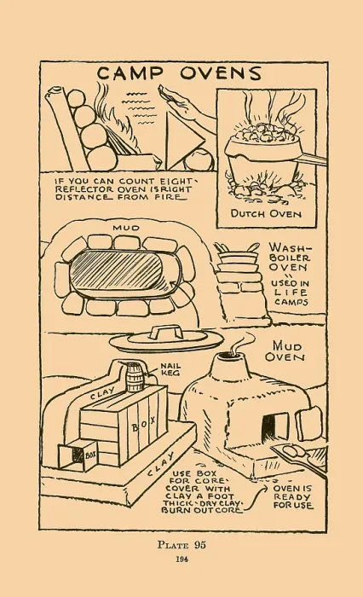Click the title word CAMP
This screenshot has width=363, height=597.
click(x=131, y=73)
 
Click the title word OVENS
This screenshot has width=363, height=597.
click(x=221, y=73)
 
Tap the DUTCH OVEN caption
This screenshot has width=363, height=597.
click(x=266, y=213)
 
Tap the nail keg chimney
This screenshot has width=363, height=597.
click(x=135, y=376)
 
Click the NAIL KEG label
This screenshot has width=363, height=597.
click(x=170, y=369)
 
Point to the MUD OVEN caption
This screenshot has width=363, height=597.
click(x=288, y=351)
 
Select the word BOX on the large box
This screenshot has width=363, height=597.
click(x=143, y=424)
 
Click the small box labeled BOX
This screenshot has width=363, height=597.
click(x=78, y=455)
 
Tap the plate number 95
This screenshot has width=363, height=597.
click(x=200, y=544)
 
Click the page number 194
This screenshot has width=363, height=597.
click(x=181, y=559)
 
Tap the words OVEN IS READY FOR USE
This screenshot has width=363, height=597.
click(x=292, y=497)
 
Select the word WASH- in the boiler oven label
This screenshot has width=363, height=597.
click(x=290, y=248)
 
